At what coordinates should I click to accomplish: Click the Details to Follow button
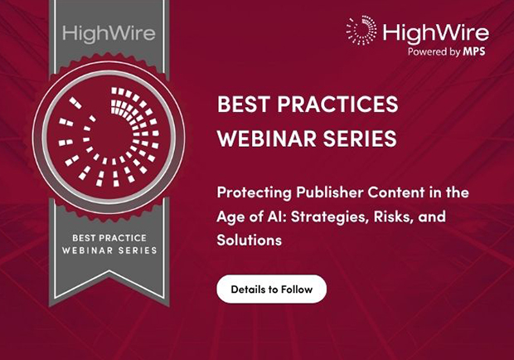(x=271, y=289)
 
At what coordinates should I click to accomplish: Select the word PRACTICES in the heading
(x=337, y=104)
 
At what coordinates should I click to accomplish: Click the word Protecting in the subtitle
(x=254, y=192)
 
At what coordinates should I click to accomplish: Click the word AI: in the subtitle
(x=277, y=216)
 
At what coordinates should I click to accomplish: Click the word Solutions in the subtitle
(x=250, y=240)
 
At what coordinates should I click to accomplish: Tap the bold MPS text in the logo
(x=474, y=51)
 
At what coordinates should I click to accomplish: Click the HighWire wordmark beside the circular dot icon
(x=435, y=33)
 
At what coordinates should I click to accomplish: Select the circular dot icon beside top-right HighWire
(x=361, y=30)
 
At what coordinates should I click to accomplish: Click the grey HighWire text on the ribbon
(x=109, y=34)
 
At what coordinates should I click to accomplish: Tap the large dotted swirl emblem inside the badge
(x=109, y=137)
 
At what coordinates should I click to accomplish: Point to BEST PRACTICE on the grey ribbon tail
(x=109, y=238)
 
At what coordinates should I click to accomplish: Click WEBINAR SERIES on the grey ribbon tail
(x=109, y=251)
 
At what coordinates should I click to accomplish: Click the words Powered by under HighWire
(x=434, y=51)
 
